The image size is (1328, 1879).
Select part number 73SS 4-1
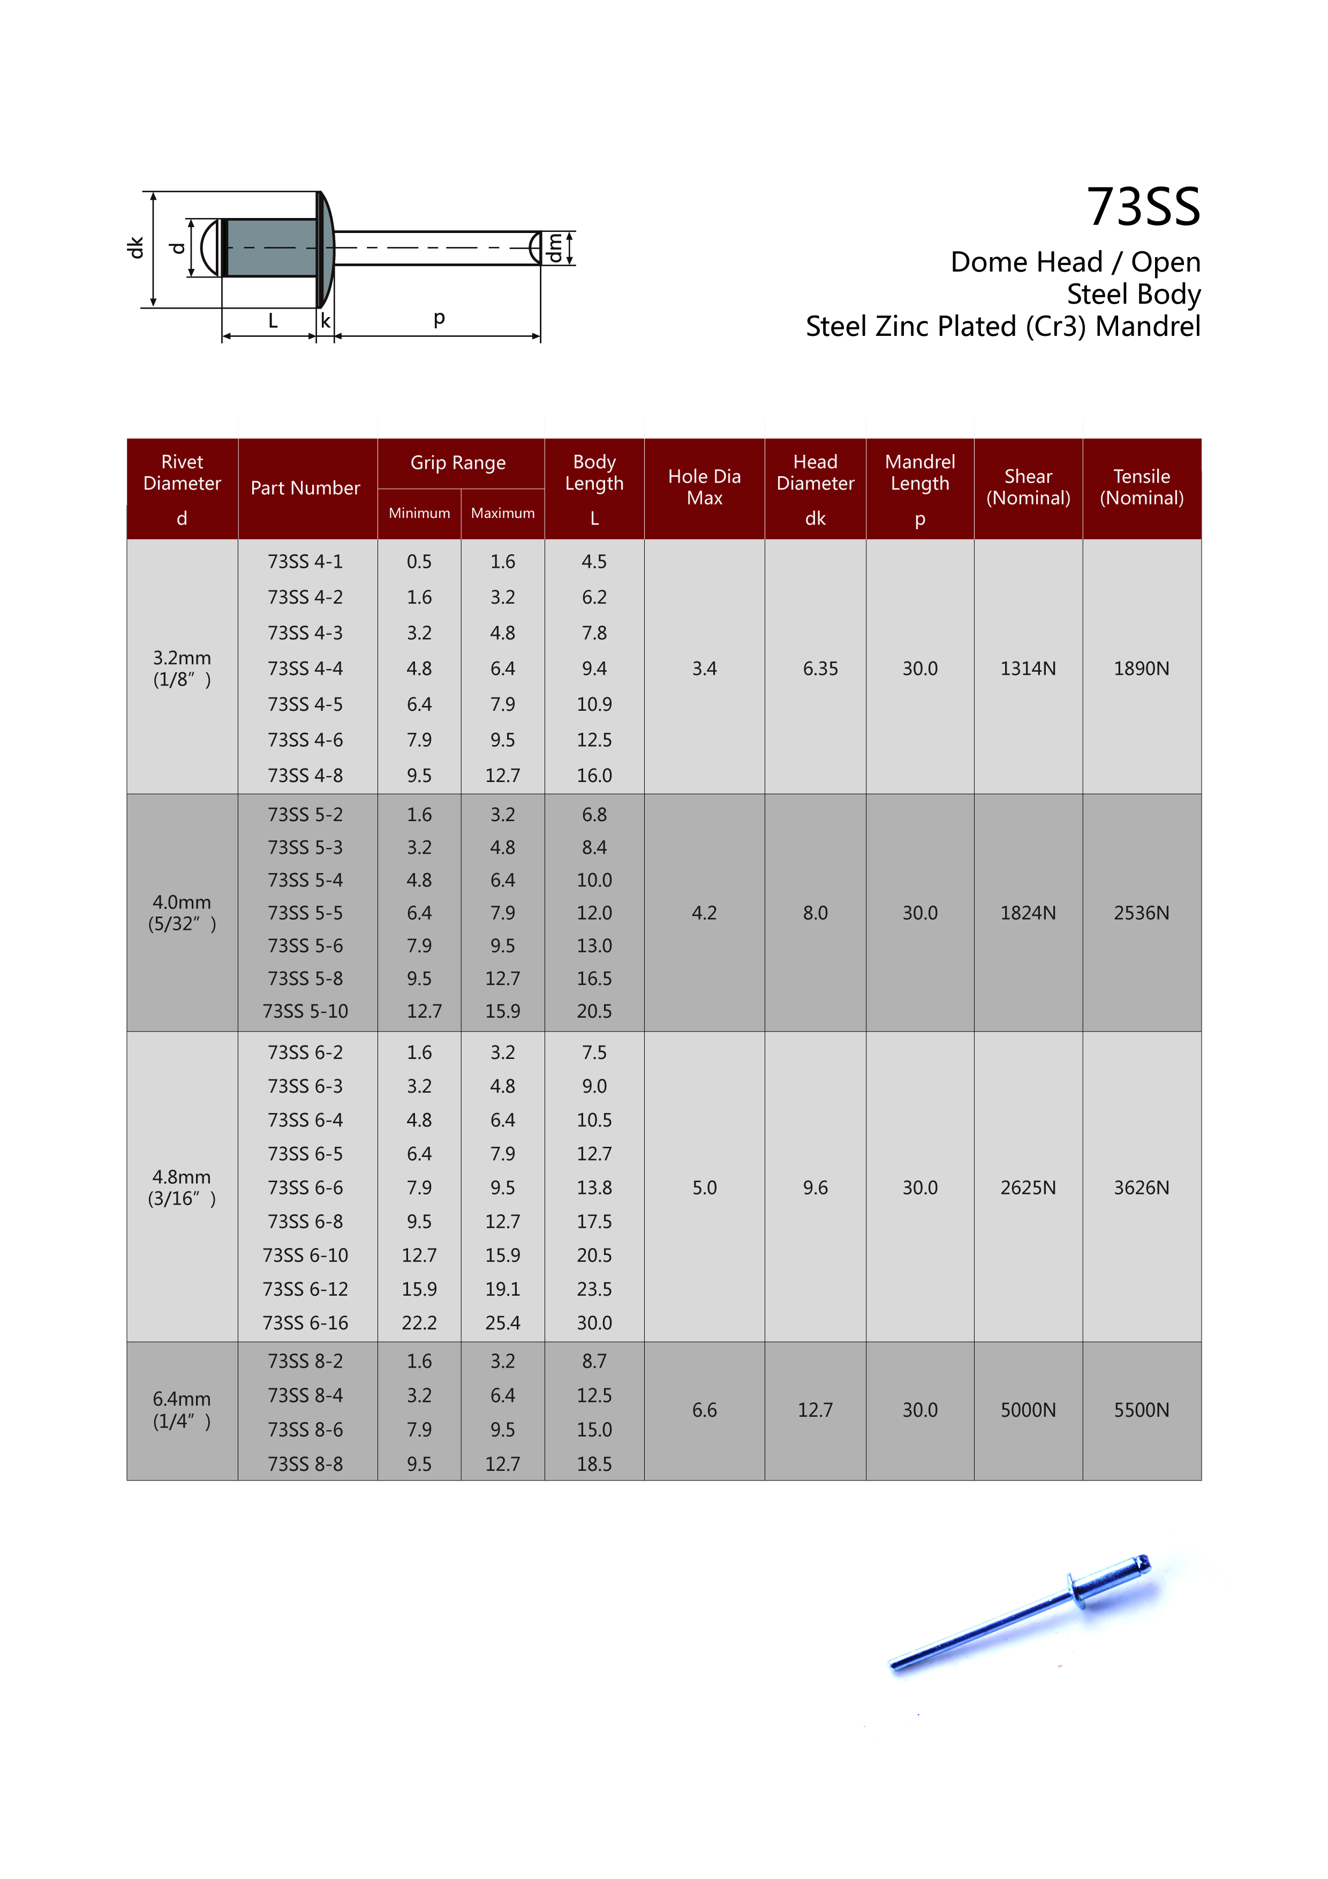[305, 561]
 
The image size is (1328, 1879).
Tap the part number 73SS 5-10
[305, 1011]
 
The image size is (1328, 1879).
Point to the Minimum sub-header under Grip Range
[419, 513]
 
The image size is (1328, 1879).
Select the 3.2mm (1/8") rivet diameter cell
[182, 668]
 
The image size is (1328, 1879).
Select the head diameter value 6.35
[820, 668]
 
